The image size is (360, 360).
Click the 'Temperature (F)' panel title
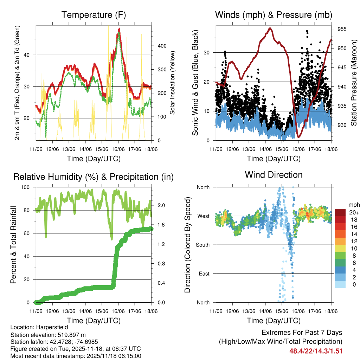[x=94, y=15]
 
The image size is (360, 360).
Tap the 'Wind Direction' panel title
[x=274, y=175]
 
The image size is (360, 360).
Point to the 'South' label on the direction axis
[x=202, y=245]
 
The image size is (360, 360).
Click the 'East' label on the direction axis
[x=204, y=274]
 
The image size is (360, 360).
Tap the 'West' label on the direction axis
[x=203, y=216]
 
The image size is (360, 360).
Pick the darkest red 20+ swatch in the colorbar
[x=340, y=213]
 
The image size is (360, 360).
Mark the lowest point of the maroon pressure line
[x=298, y=137]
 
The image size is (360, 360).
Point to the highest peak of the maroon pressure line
[x=270, y=28]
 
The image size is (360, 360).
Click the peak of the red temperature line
[x=119, y=29]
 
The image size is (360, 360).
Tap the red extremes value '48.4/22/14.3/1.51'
[x=316, y=351]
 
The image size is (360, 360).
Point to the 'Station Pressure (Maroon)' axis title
[x=354, y=83]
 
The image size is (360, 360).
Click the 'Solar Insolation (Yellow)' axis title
[x=173, y=83]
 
